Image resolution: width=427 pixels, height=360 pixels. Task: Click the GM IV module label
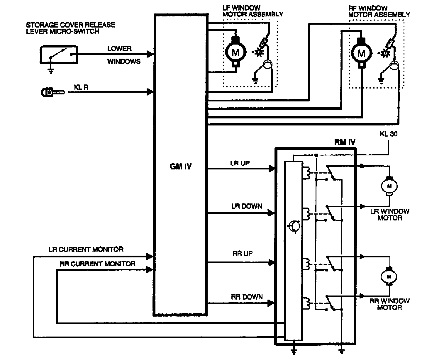click(x=181, y=167)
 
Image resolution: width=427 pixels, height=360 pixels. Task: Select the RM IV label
click(x=345, y=142)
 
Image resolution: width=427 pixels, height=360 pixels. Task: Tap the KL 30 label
click(x=389, y=134)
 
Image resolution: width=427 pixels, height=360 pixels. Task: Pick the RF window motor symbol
click(x=361, y=53)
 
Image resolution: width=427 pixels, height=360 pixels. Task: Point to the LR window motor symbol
click(x=389, y=186)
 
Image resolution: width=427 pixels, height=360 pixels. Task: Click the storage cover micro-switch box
click(x=59, y=55)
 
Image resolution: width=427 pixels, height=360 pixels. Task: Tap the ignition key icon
click(x=52, y=92)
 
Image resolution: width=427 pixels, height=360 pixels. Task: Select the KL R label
click(x=81, y=87)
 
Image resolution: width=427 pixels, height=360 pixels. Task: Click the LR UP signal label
click(x=240, y=163)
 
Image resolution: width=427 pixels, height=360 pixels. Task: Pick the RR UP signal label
click(x=242, y=254)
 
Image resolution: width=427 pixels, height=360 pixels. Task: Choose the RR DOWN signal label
click(x=247, y=297)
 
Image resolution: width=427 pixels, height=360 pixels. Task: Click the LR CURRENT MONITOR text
click(x=86, y=249)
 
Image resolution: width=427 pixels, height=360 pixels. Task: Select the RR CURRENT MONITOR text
click(x=98, y=264)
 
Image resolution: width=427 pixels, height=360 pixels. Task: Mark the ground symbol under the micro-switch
click(x=51, y=70)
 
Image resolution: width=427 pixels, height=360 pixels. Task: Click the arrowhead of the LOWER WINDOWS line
click(x=150, y=54)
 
